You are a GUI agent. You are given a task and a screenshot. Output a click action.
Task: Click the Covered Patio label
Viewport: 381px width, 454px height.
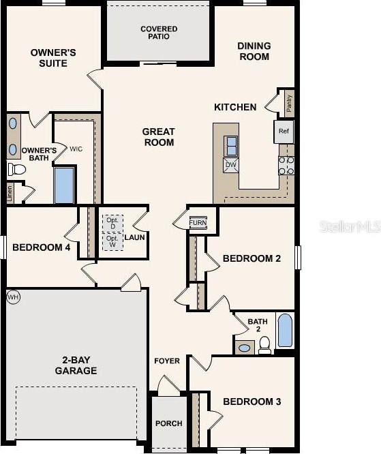pyautogui.click(x=159, y=32)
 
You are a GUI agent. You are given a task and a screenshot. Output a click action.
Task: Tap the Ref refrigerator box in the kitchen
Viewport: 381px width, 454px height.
pyautogui.click(x=284, y=131)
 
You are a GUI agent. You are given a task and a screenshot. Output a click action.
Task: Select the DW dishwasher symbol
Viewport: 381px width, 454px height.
pyautogui.click(x=230, y=164)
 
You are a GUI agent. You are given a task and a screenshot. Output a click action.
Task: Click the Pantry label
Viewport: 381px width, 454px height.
pyautogui.click(x=289, y=104)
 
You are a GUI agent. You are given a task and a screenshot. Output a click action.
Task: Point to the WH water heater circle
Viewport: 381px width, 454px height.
pyautogui.click(x=13, y=297)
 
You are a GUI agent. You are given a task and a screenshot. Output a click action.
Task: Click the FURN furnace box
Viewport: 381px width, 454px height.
pyautogui.click(x=198, y=223)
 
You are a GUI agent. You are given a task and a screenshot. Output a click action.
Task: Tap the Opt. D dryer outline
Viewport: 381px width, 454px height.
pyautogui.click(x=112, y=223)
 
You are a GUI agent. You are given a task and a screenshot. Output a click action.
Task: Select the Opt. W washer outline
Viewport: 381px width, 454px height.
pyautogui.click(x=112, y=242)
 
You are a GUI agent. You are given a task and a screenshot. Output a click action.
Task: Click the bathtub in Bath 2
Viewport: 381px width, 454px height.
pyautogui.click(x=285, y=331)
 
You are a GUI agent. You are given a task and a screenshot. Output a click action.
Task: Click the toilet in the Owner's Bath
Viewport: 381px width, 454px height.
pyautogui.click(x=16, y=169)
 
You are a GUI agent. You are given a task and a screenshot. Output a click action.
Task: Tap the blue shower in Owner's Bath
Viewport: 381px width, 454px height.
pyautogui.click(x=63, y=185)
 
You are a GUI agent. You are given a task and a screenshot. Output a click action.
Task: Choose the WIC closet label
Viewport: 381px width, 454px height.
pyautogui.click(x=75, y=148)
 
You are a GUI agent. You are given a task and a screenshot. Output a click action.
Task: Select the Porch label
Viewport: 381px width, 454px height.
pyautogui.click(x=168, y=423)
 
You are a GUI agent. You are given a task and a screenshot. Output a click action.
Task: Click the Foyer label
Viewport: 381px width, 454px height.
pyautogui.click(x=167, y=361)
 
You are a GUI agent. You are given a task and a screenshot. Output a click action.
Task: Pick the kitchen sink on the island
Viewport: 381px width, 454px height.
pyautogui.click(x=231, y=145)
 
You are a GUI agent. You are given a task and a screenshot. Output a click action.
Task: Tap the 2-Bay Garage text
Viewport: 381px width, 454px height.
pyautogui.click(x=76, y=365)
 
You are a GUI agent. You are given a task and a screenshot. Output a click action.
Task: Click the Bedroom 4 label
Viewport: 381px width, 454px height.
pyautogui.click(x=42, y=247)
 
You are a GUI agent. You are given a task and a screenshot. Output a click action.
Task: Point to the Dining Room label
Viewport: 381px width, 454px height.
pyautogui.click(x=254, y=51)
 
